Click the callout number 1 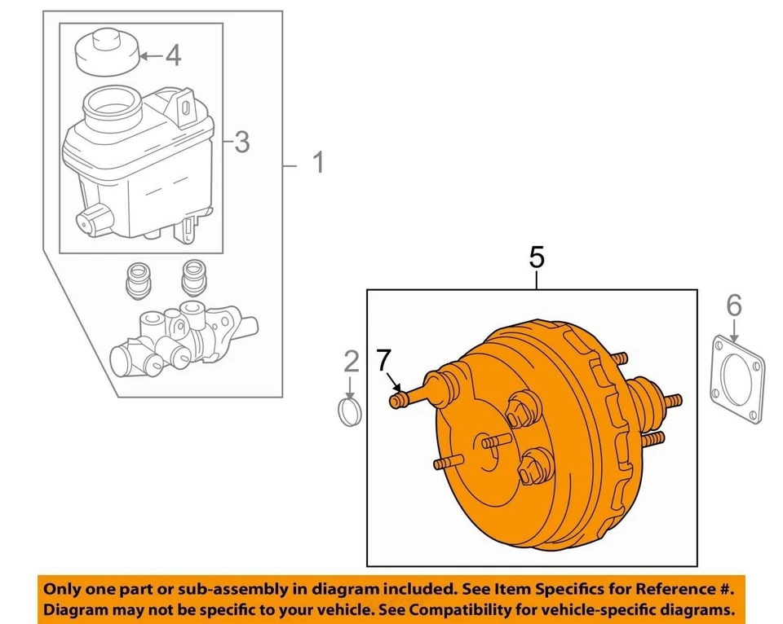(x=317, y=163)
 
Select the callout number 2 (x=351, y=360)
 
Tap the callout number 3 (x=241, y=143)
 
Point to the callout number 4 (x=172, y=55)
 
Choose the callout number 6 (x=734, y=306)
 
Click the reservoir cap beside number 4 (x=104, y=51)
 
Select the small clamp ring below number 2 (x=351, y=410)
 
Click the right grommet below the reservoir (x=193, y=277)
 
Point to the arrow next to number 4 (x=149, y=56)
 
